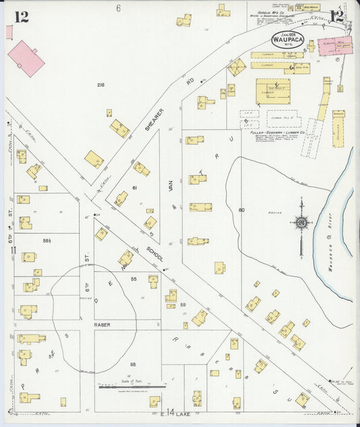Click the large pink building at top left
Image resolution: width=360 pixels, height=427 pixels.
point(26,58)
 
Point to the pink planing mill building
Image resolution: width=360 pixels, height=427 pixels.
point(335,47)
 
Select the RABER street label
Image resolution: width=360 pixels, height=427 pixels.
point(102,324)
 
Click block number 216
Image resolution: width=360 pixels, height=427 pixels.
point(101,84)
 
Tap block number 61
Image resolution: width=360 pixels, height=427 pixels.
point(134,187)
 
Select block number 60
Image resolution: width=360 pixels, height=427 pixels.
point(241,210)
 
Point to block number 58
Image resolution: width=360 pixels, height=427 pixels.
point(133,364)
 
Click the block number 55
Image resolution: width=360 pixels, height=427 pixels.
point(133,278)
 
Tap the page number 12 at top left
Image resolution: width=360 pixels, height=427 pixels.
point(22,17)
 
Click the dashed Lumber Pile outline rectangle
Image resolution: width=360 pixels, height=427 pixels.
point(284,120)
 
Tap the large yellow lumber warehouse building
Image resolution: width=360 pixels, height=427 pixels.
point(273,91)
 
